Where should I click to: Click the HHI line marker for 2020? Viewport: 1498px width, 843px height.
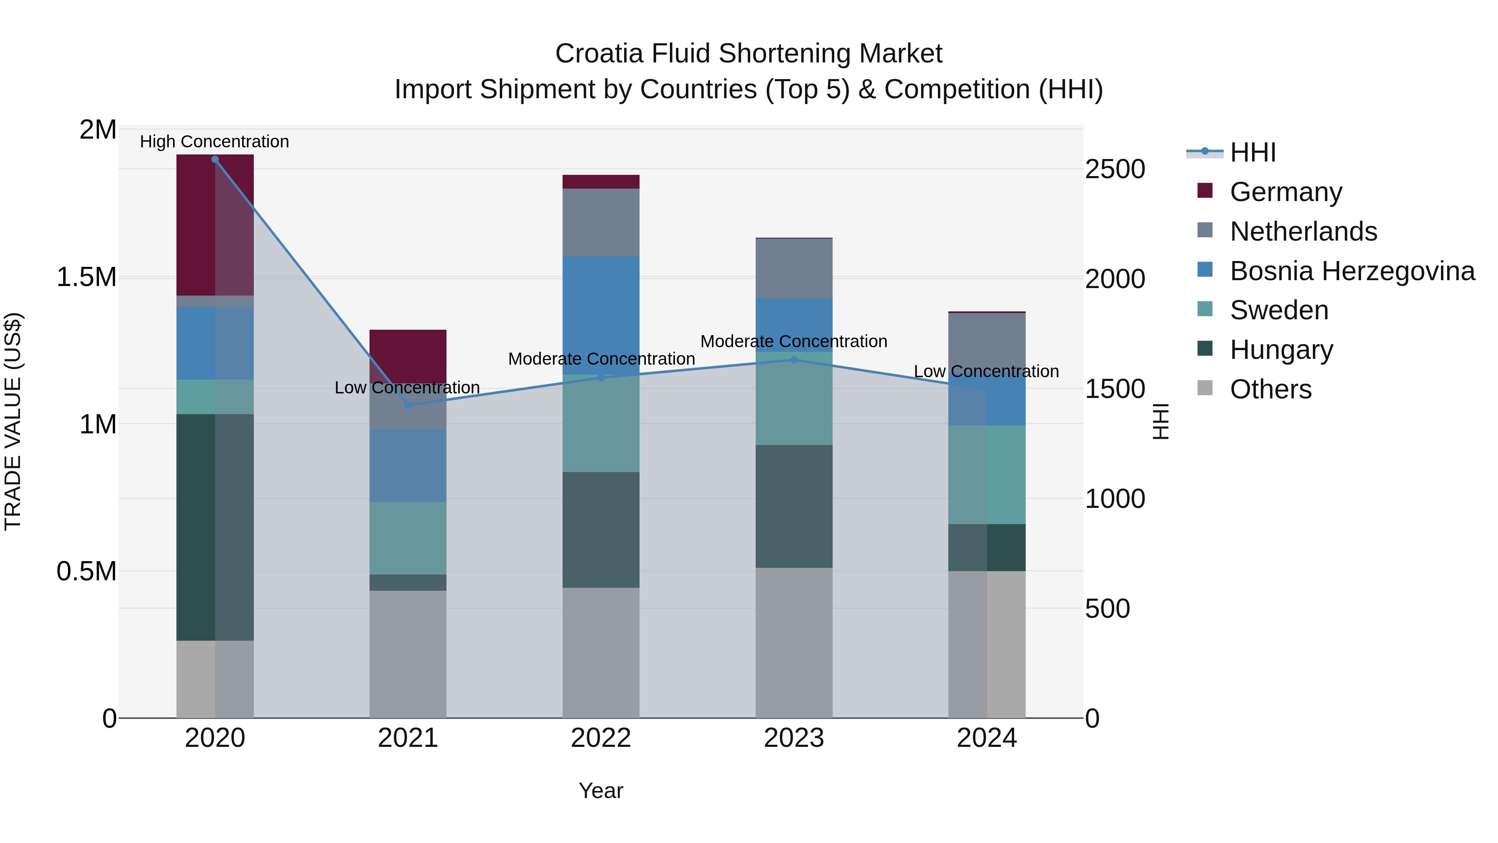pos(215,159)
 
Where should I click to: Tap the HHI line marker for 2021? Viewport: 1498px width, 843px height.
pos(408,405)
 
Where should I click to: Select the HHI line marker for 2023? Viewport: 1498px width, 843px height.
pos(794,360)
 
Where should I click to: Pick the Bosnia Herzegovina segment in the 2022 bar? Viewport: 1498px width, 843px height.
pos(601,314)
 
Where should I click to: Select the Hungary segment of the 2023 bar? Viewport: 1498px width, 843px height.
pos(794,506)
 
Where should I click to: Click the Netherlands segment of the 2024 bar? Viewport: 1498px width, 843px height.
pos(987,343)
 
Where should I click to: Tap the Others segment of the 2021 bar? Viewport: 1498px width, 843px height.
pos(408,654)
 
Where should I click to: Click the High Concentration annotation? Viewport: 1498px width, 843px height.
pos(215,142)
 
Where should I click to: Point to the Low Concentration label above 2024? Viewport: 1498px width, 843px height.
pos(986,372)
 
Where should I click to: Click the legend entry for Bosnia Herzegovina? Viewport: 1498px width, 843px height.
pos(1352,271)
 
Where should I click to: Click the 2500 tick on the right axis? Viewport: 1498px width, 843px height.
pos(1115,169)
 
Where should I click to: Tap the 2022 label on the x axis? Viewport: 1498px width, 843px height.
pos(601,738)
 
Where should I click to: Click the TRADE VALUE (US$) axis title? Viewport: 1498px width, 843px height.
pos(13,421)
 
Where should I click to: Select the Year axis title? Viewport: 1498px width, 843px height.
pos(601,791)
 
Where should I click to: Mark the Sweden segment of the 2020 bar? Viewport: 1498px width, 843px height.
pos(215,397)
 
